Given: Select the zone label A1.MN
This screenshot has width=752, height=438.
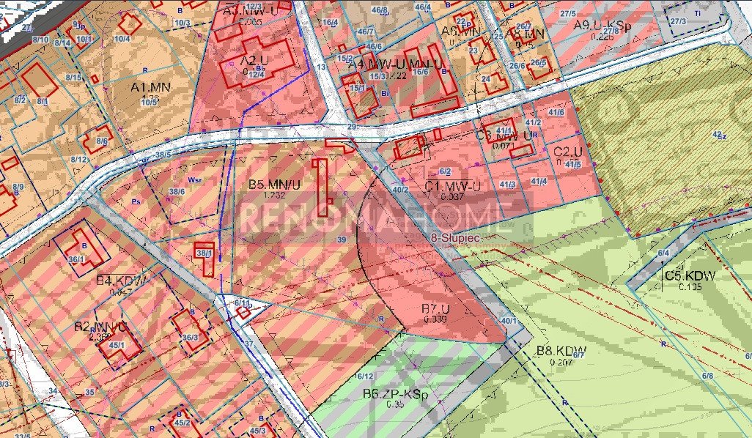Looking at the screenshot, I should tap(150, 87).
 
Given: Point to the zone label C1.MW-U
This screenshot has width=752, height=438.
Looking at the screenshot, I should tap(452, 186).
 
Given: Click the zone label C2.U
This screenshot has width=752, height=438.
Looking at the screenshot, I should tap(567, 152).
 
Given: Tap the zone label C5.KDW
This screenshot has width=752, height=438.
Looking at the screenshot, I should tap(690, 276).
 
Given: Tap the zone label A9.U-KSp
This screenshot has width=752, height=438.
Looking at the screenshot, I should tap(602, 26).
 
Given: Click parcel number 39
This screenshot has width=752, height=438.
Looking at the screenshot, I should tap(342, 240).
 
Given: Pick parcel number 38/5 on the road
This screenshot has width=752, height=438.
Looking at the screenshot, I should tap(162, 155).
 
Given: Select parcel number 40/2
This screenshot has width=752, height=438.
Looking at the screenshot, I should tap(400, 189).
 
